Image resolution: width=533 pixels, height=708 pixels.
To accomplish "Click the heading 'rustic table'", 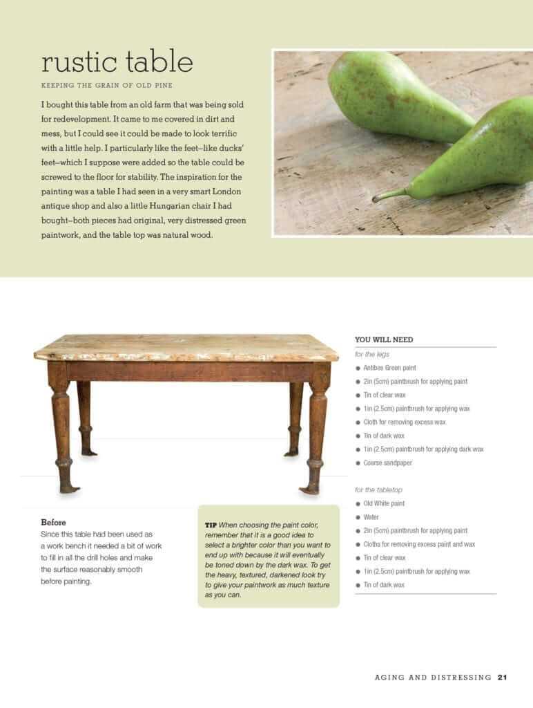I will pos(117,62).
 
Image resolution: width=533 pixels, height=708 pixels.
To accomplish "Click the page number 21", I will pos(502,677).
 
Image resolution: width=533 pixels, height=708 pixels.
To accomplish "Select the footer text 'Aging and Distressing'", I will pos(433,677).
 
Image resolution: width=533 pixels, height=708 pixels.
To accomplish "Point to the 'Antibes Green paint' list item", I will pos(389,368).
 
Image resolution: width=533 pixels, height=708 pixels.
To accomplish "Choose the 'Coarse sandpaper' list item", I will pos(387,463).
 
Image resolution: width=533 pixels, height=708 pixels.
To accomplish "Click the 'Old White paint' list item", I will pos(384,503).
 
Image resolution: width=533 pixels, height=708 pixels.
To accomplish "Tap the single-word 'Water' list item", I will pos(371,517).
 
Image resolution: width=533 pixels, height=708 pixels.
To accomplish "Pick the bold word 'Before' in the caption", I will pos(53,522).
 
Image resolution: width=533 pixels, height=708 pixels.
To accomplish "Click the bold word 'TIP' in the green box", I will pos(211,525).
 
